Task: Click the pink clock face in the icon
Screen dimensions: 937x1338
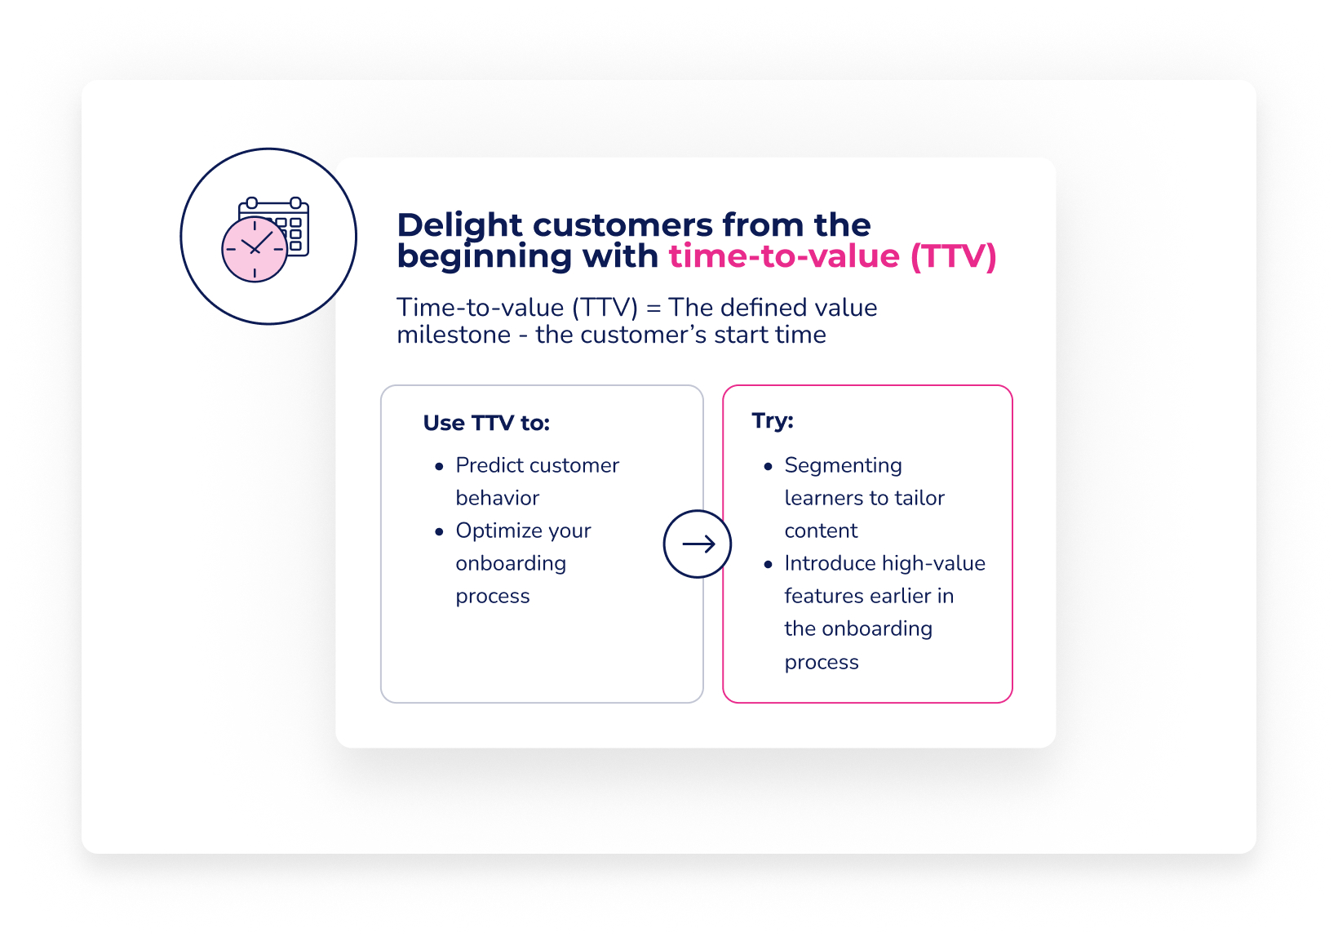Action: click(x=255, y=249)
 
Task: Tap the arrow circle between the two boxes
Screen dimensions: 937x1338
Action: click(x=698, y=544)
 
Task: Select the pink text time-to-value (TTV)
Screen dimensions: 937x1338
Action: click(x=832, y=256)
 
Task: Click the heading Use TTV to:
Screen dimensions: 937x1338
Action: click(x=486, y=423)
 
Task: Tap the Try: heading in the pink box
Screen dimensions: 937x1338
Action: click(x=773, y=420)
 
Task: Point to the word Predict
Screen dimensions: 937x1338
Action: click(x=490, y=465)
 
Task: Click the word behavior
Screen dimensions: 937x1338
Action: click(x=498, y=498)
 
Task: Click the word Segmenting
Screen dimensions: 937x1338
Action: click(x=843, y=466)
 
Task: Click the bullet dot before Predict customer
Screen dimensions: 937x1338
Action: click(x=439, y=466)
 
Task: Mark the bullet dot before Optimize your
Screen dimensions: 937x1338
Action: click(x=439, y=531)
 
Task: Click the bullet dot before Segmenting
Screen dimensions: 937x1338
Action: click(x=768, y=466)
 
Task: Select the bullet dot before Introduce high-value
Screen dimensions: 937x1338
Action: click(x=768, y=564)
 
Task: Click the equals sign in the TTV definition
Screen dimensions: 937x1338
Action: click(x=653, y=309)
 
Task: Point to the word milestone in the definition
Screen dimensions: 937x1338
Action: click(x=454, y=335)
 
